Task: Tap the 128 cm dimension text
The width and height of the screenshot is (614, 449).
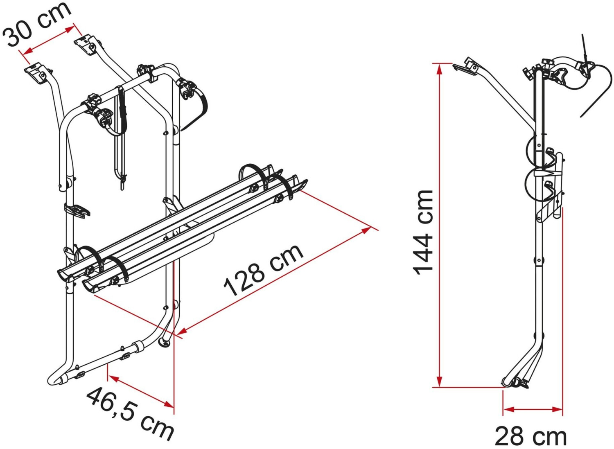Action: pyautogui.click(x=264, y=270)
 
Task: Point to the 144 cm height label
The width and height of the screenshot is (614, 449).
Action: pyautogui.click(x=423, y=233)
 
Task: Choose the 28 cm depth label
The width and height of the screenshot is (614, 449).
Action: pyautogui.click(x=530, y=436)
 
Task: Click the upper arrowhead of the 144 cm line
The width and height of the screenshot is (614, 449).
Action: pyautogui.click(x=439, y=70)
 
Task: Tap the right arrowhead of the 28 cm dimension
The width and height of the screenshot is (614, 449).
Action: pyautogui.click(x=557, y=417)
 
